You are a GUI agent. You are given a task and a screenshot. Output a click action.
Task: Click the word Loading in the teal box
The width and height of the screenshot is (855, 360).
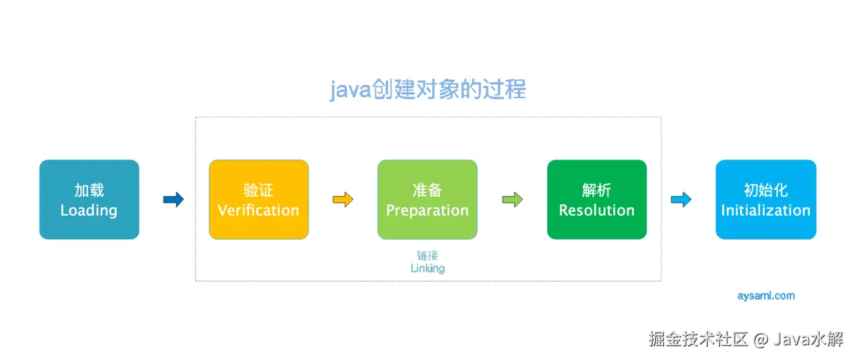click(89, 211)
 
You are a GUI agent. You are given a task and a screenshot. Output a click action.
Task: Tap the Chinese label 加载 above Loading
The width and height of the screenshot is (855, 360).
click(89, 190)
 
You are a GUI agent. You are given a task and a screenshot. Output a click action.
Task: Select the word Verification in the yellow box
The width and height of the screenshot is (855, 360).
click(259, 210)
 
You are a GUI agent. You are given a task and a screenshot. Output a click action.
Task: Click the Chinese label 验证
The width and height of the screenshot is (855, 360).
click(259, 190)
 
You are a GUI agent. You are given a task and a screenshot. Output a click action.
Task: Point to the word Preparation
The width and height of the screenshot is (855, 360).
click(427, 211)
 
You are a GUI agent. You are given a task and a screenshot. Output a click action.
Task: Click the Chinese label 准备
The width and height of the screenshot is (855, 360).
click(427, 190)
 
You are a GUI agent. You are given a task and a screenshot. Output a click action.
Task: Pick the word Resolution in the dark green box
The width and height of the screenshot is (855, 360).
click(596, 210)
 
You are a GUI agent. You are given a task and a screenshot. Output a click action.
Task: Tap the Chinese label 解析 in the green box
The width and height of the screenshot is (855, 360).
click(596, 190)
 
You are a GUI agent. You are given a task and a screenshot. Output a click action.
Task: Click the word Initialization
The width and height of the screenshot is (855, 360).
click(765, 210)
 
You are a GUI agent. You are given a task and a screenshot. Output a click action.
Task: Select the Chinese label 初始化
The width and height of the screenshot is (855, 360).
click(765, 190)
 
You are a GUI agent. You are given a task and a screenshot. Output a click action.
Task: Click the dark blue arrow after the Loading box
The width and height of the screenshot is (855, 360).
click(174, 199)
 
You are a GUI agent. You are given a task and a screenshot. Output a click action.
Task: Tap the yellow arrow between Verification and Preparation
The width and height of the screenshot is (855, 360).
click(343, 199)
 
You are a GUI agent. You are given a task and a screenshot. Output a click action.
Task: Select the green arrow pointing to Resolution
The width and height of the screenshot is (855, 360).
click(512, 199)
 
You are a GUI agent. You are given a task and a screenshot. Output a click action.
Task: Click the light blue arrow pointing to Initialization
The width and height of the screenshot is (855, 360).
click(681, 199)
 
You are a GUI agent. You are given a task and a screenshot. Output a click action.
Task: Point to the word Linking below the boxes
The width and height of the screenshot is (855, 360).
click(427, 268)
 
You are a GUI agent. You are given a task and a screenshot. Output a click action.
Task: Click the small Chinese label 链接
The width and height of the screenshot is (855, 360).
click(427, 255)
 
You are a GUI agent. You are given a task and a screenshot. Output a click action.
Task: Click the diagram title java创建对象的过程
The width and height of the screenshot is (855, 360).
click(428, 89)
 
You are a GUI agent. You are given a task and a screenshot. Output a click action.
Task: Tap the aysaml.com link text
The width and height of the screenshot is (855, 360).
click(765, 296)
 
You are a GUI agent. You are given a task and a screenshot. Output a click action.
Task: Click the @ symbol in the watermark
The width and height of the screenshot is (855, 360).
click(761, 339)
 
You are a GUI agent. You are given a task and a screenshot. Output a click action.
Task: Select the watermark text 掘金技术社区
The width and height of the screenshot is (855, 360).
click(698, 339)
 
